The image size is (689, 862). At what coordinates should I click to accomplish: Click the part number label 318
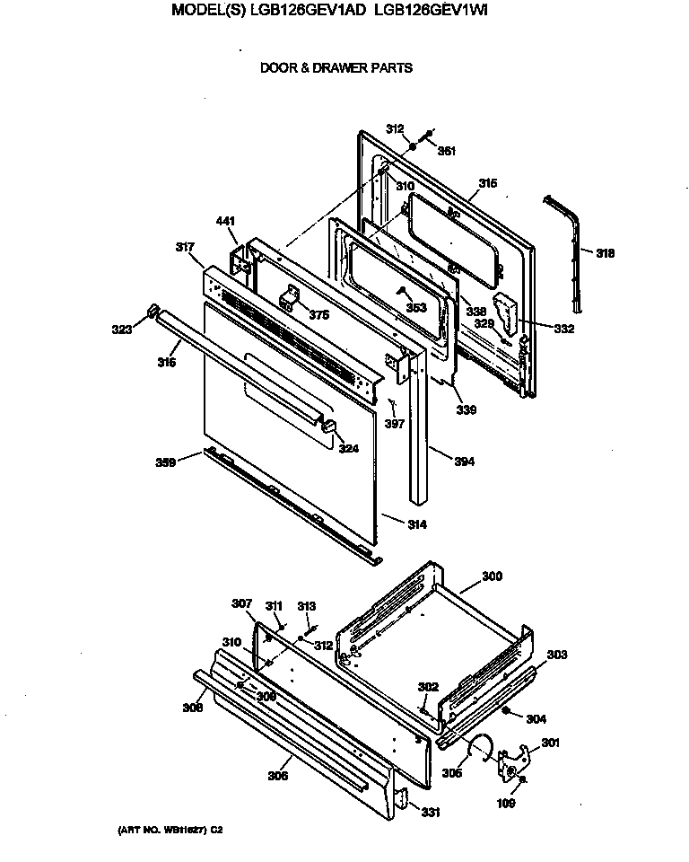pos(606,254)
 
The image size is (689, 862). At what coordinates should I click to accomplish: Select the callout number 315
pos(487,183)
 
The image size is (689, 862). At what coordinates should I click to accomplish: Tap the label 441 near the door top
pos(224,221)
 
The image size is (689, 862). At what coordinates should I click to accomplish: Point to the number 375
pos(318,314)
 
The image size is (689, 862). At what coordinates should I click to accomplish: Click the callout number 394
pos(464,462)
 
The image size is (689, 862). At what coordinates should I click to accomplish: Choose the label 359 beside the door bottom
pos(166,463)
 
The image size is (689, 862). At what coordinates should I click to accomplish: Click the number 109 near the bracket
pos(506,804)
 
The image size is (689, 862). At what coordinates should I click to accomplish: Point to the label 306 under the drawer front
pos(278,776)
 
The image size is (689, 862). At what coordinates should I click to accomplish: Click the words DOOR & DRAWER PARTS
pos(336,67)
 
